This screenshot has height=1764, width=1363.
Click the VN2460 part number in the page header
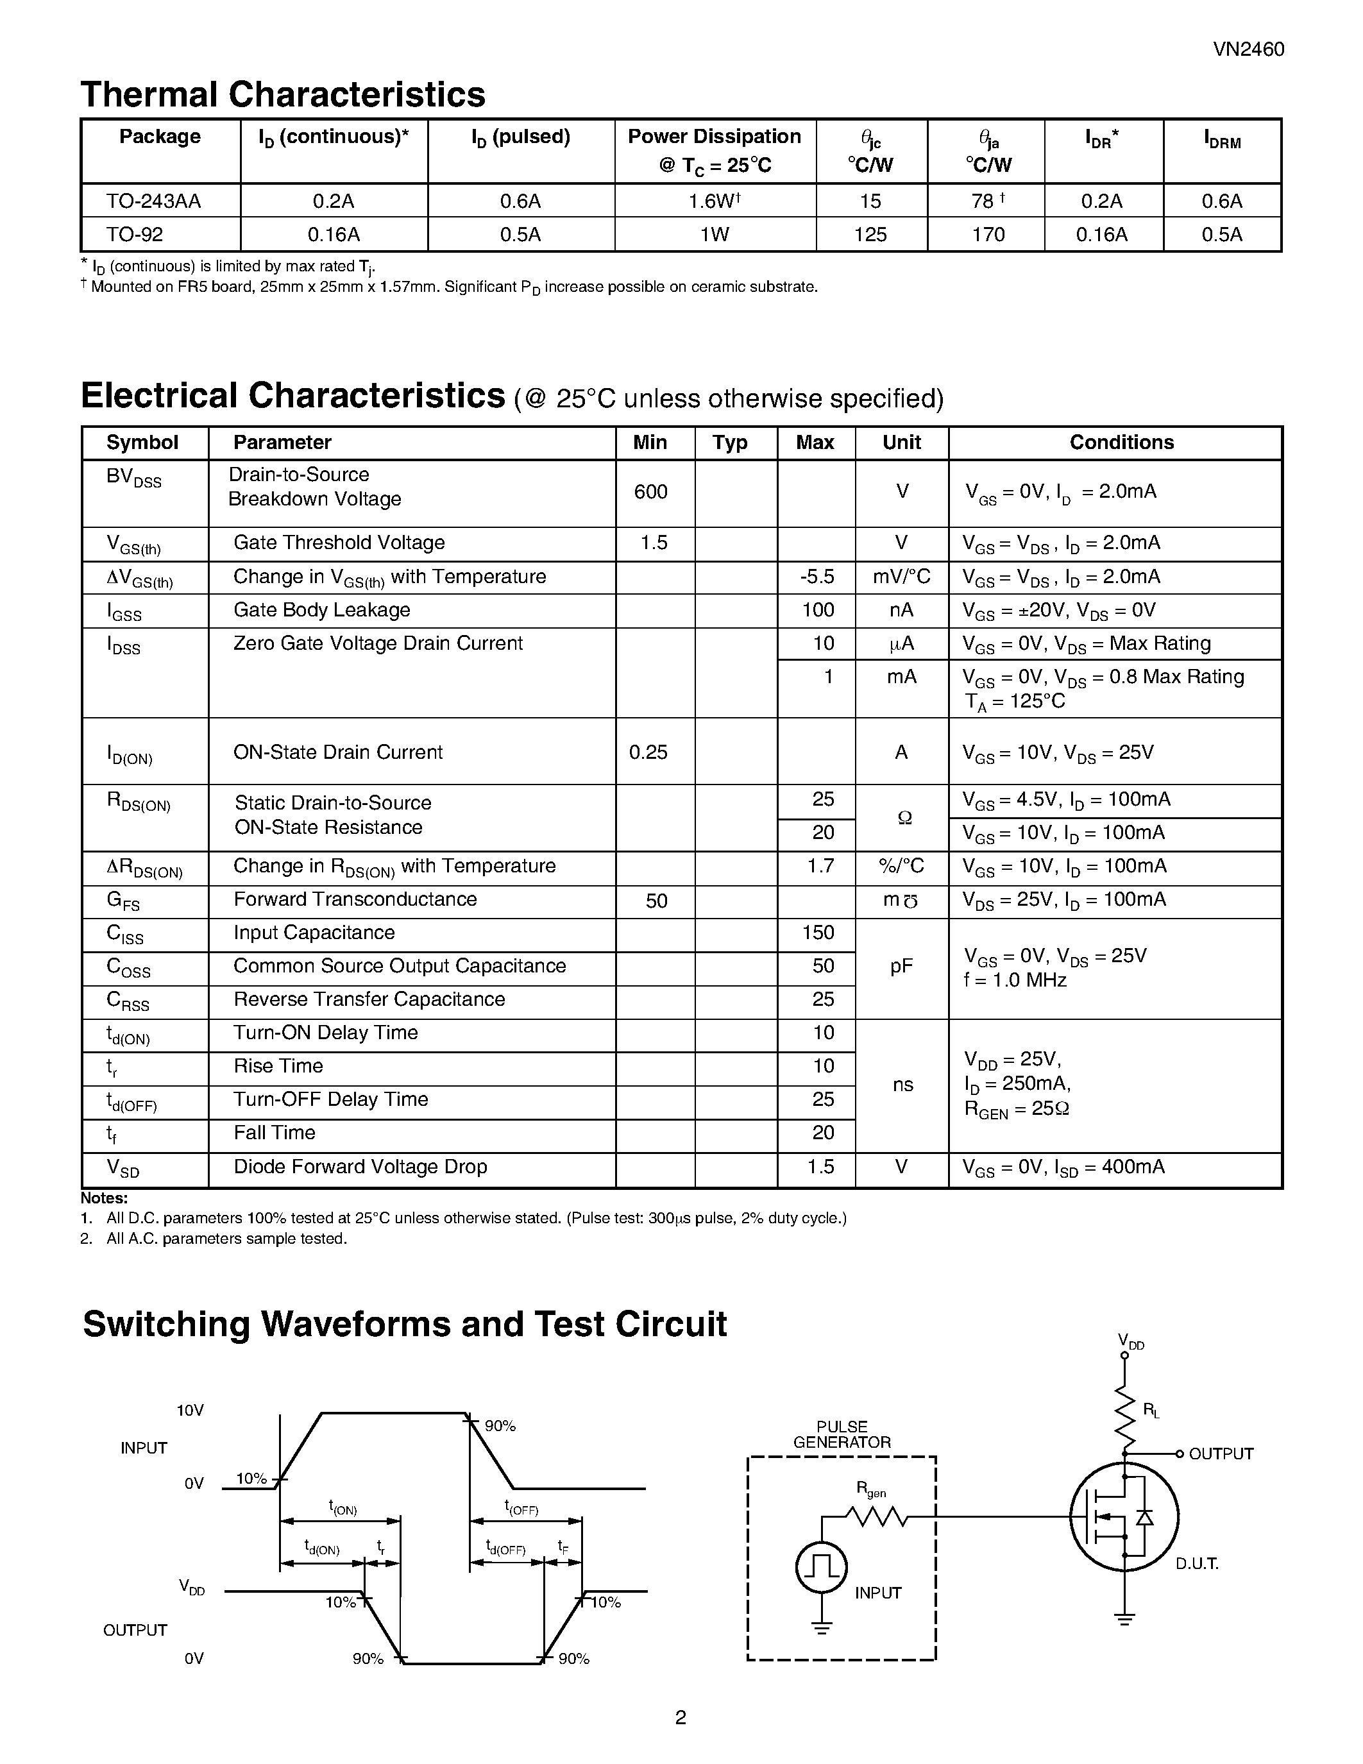1248,49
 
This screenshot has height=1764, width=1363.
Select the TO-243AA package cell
153,201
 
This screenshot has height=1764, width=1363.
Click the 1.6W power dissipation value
714,201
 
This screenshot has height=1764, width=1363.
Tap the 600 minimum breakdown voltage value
651,492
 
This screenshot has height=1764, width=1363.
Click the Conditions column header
1121,443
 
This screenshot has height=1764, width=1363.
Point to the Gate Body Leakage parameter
321,610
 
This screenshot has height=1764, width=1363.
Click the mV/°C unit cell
901,577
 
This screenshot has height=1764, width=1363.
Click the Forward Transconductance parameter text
355,899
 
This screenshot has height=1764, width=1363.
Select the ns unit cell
902,1085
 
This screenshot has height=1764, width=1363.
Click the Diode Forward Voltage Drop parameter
360,1166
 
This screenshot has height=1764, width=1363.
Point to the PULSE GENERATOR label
842,1434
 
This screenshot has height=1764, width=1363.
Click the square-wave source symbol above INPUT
821,1568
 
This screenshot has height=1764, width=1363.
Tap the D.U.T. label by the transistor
1197,1564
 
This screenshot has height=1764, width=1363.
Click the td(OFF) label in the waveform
505,1548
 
